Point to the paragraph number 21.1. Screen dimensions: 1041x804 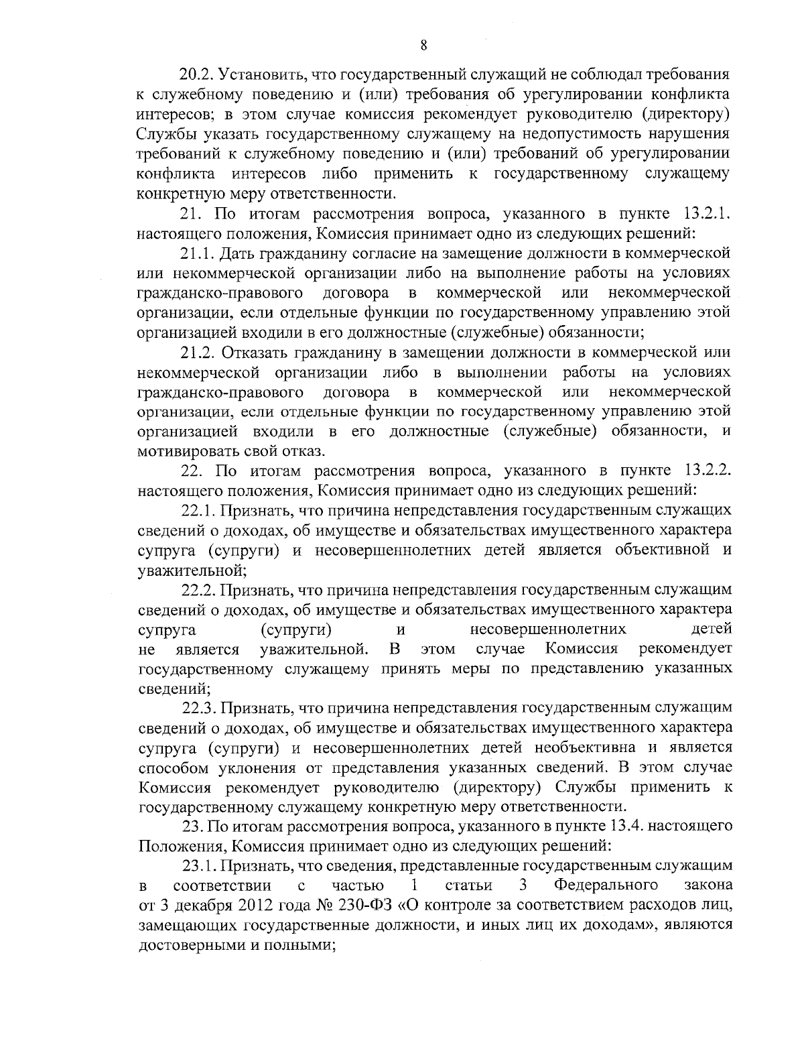point(198,253)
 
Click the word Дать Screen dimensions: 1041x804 point(239,253)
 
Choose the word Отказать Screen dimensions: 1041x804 point(260,352)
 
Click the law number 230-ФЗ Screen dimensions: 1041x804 point(362,905)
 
